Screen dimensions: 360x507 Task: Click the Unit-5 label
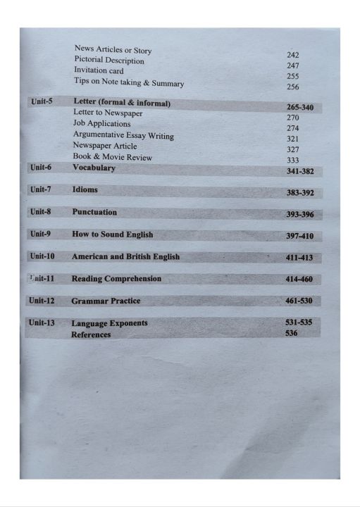click(x=42, y=101)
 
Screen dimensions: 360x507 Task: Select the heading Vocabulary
click(x=94, y=168)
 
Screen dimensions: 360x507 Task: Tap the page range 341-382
click(x=300, y=171)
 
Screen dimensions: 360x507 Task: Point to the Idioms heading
click(x=85, y=190)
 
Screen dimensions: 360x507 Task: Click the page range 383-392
click(x=299, y=192)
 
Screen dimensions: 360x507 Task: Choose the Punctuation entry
click(x=94, y=212)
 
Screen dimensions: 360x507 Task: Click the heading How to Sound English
click(x=112, y=234)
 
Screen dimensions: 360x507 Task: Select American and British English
click(x=125, y=257)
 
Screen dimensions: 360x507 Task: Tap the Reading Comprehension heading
click(x=116, y=279)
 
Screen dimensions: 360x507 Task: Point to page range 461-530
click(x=299, y=301)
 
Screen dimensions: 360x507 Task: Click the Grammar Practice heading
click(x=106, y=301)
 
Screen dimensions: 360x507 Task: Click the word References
click(x=91, y=335)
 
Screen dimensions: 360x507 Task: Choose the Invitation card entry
click(x=99, y=71)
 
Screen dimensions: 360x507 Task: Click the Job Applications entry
click(x=101, y=124)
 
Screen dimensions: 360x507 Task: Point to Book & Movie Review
click(x=112, y=157)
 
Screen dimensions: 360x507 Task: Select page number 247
click(x=293, y=65)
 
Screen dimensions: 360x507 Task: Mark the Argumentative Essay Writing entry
click(x=123, y=135)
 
